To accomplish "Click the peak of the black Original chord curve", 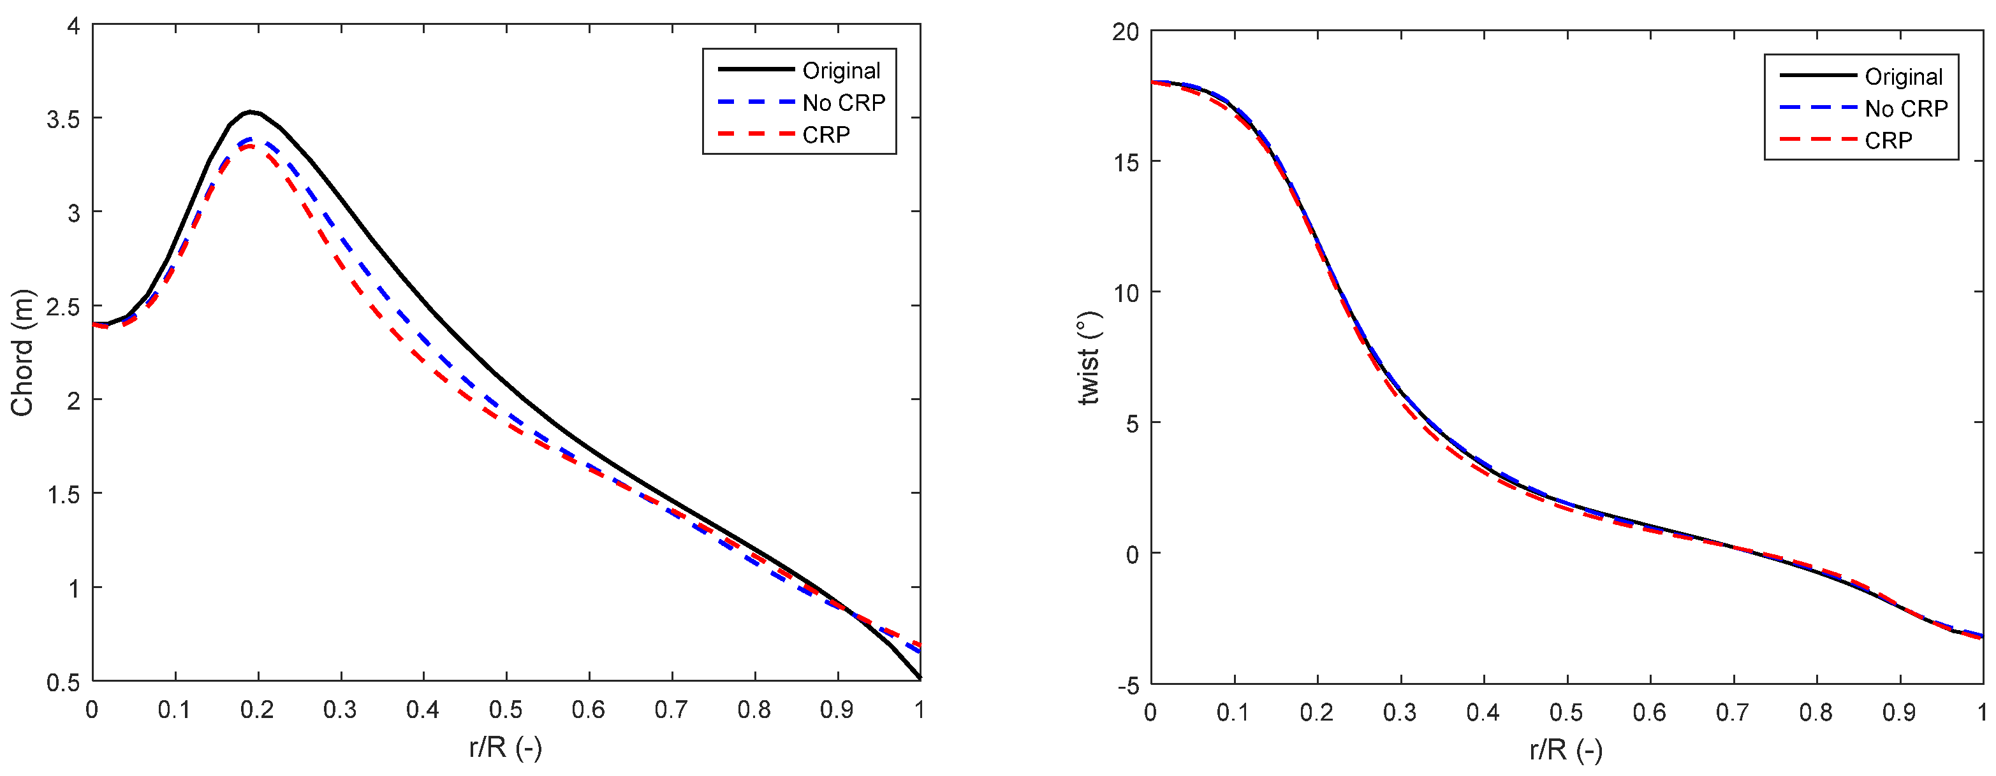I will point(250,111).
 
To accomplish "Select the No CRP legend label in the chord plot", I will point(843,103).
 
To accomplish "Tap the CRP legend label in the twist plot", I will point(1888,140).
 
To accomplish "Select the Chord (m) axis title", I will point(22,352).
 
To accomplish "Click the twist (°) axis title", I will point(1089,358).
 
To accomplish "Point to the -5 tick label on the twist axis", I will point(1127,686).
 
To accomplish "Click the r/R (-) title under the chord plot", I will point(505,748).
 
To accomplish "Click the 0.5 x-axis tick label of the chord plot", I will point(505,709).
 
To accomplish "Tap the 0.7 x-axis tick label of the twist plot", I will point(1732,712).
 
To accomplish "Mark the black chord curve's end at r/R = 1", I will point(919,679).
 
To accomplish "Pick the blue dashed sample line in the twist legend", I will point(1818,108).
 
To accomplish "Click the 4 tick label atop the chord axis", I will point(73,26).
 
